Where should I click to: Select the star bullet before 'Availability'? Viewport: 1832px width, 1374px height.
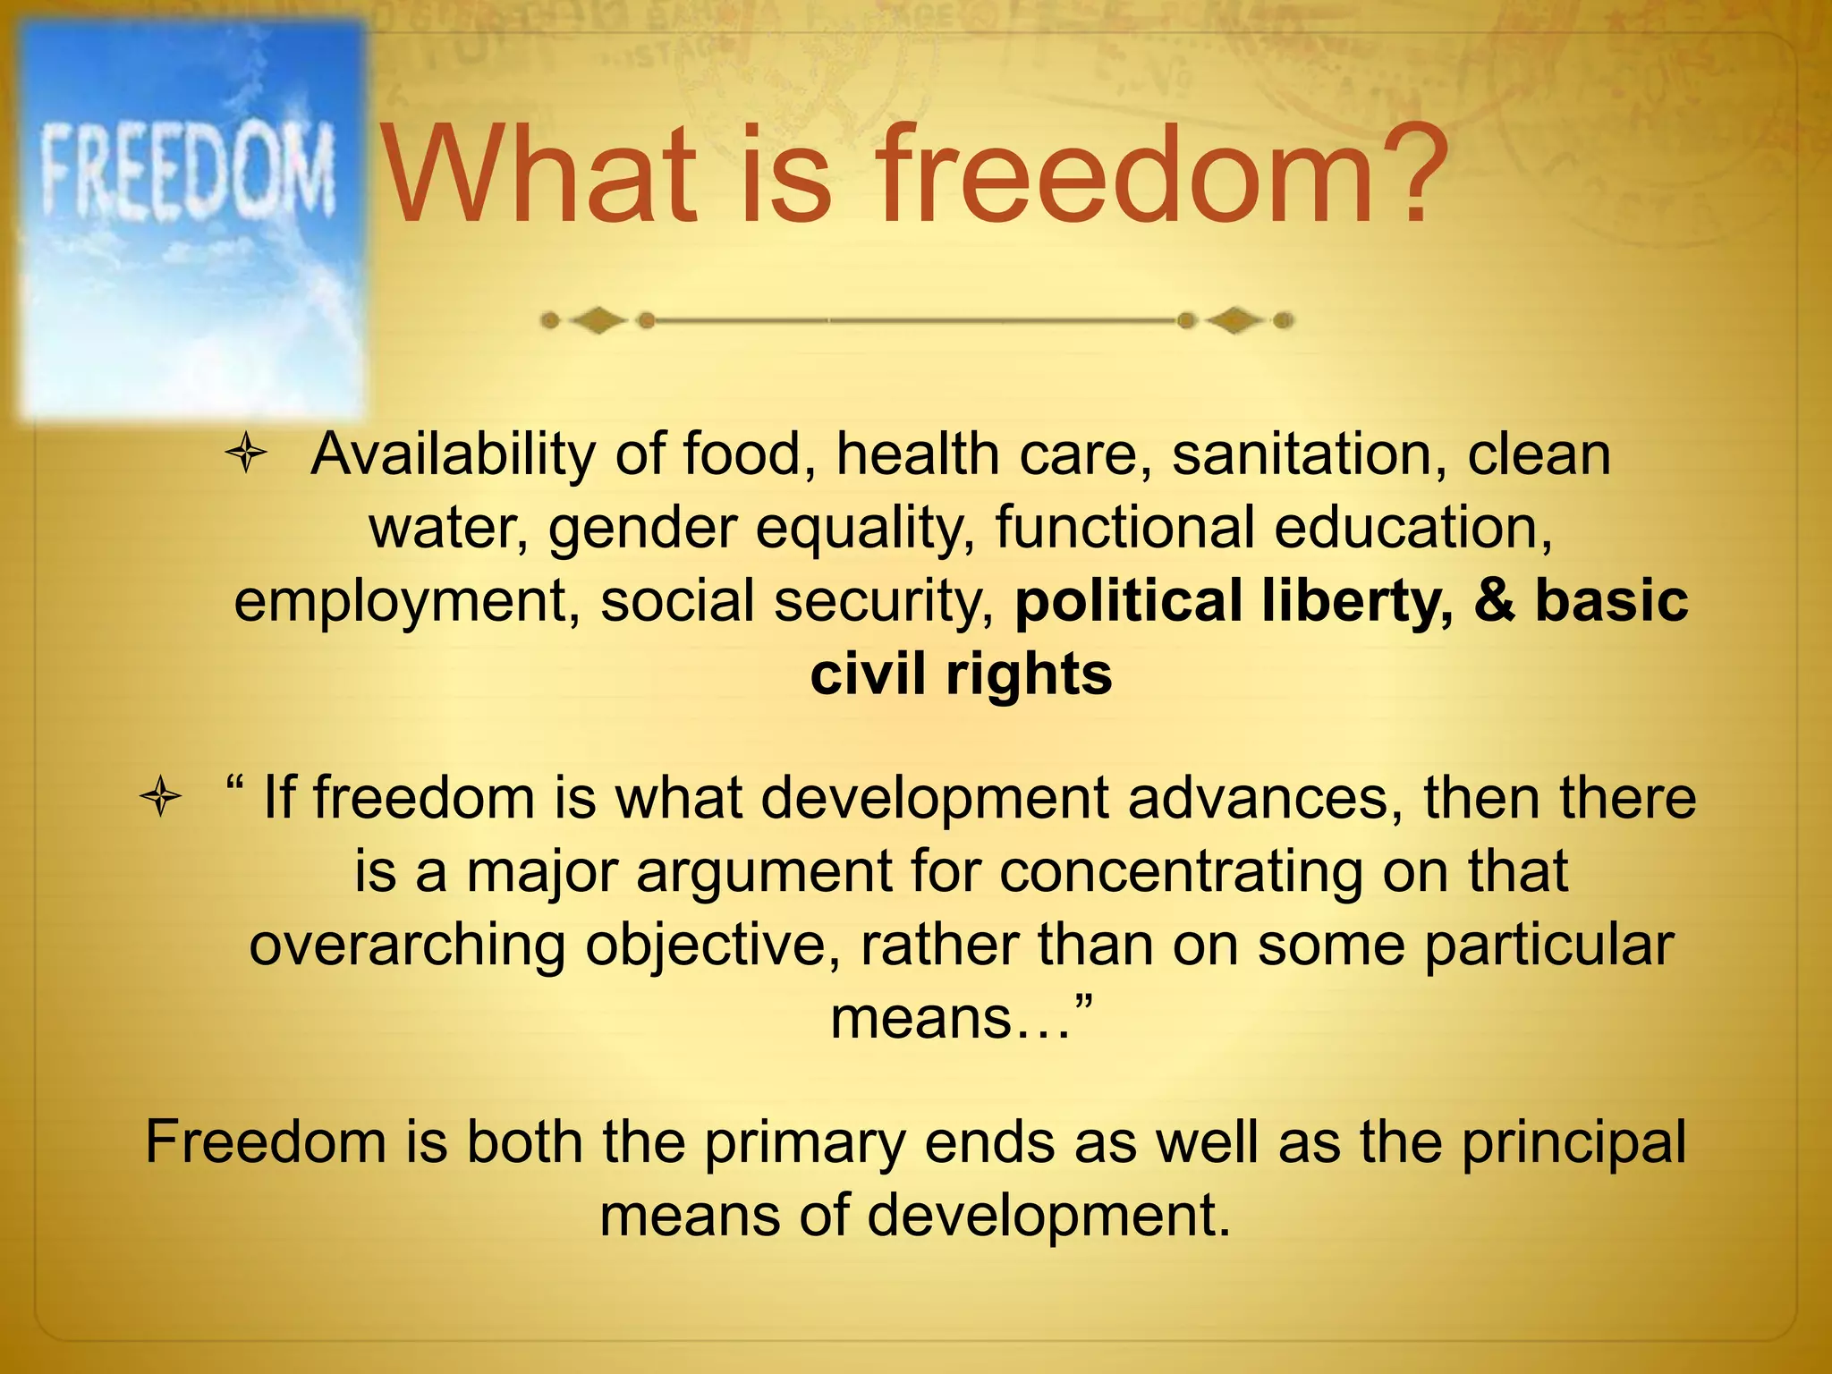[x=246, y=454]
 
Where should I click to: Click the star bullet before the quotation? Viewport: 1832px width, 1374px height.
[x=161, y=796]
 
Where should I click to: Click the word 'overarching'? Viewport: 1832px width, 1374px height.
[x=406, y=945]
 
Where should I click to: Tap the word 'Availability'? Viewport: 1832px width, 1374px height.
[x=452, y=454]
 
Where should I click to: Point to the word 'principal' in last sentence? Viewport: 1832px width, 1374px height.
[x=1573, y=1141]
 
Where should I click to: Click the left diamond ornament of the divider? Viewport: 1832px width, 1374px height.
[x=598, y=319]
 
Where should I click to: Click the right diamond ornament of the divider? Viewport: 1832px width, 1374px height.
[x=1234, y=319]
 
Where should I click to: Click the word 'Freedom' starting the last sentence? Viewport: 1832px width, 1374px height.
[x=266, y=1141]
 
